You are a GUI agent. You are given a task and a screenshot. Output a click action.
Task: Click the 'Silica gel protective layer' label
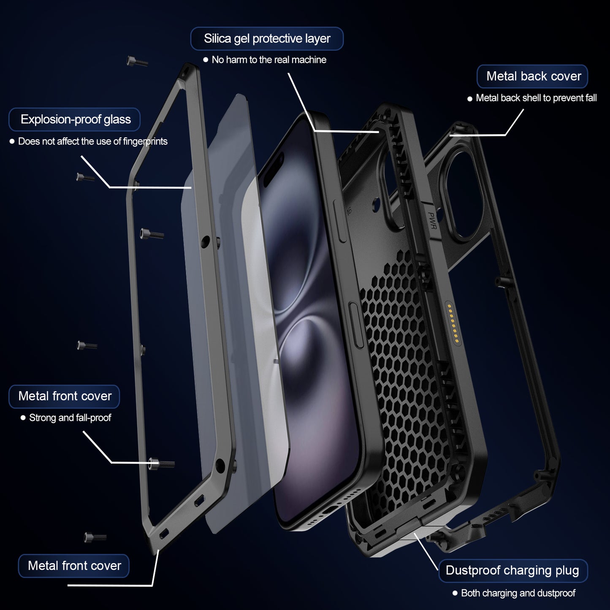click(267, 39)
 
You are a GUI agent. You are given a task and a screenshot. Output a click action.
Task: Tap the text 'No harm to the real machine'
click(269, 60)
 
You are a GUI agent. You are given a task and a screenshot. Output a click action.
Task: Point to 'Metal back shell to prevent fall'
click(536, 98)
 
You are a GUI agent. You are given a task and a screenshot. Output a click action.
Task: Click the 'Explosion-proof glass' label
click(75, 119)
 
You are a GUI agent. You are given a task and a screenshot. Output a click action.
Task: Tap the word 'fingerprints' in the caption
click(145, 141)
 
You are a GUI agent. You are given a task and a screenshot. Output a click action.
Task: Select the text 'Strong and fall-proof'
click(70, 418)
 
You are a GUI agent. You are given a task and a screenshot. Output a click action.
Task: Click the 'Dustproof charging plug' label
click(512, 570)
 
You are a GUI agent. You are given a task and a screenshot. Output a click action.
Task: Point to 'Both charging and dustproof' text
click(518, 593)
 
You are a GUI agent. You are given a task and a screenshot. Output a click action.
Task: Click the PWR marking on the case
click(432, 221)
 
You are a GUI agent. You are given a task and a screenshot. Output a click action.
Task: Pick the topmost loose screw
click(137, 62)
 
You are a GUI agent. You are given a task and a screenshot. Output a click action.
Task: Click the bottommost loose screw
click(95, 537)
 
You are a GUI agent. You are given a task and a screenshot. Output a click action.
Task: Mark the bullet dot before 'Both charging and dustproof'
click(455, 593)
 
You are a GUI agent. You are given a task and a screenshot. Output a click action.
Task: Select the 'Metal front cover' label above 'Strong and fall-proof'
click(65, 396)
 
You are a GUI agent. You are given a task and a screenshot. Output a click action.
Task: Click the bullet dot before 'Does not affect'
click(12, 141)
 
